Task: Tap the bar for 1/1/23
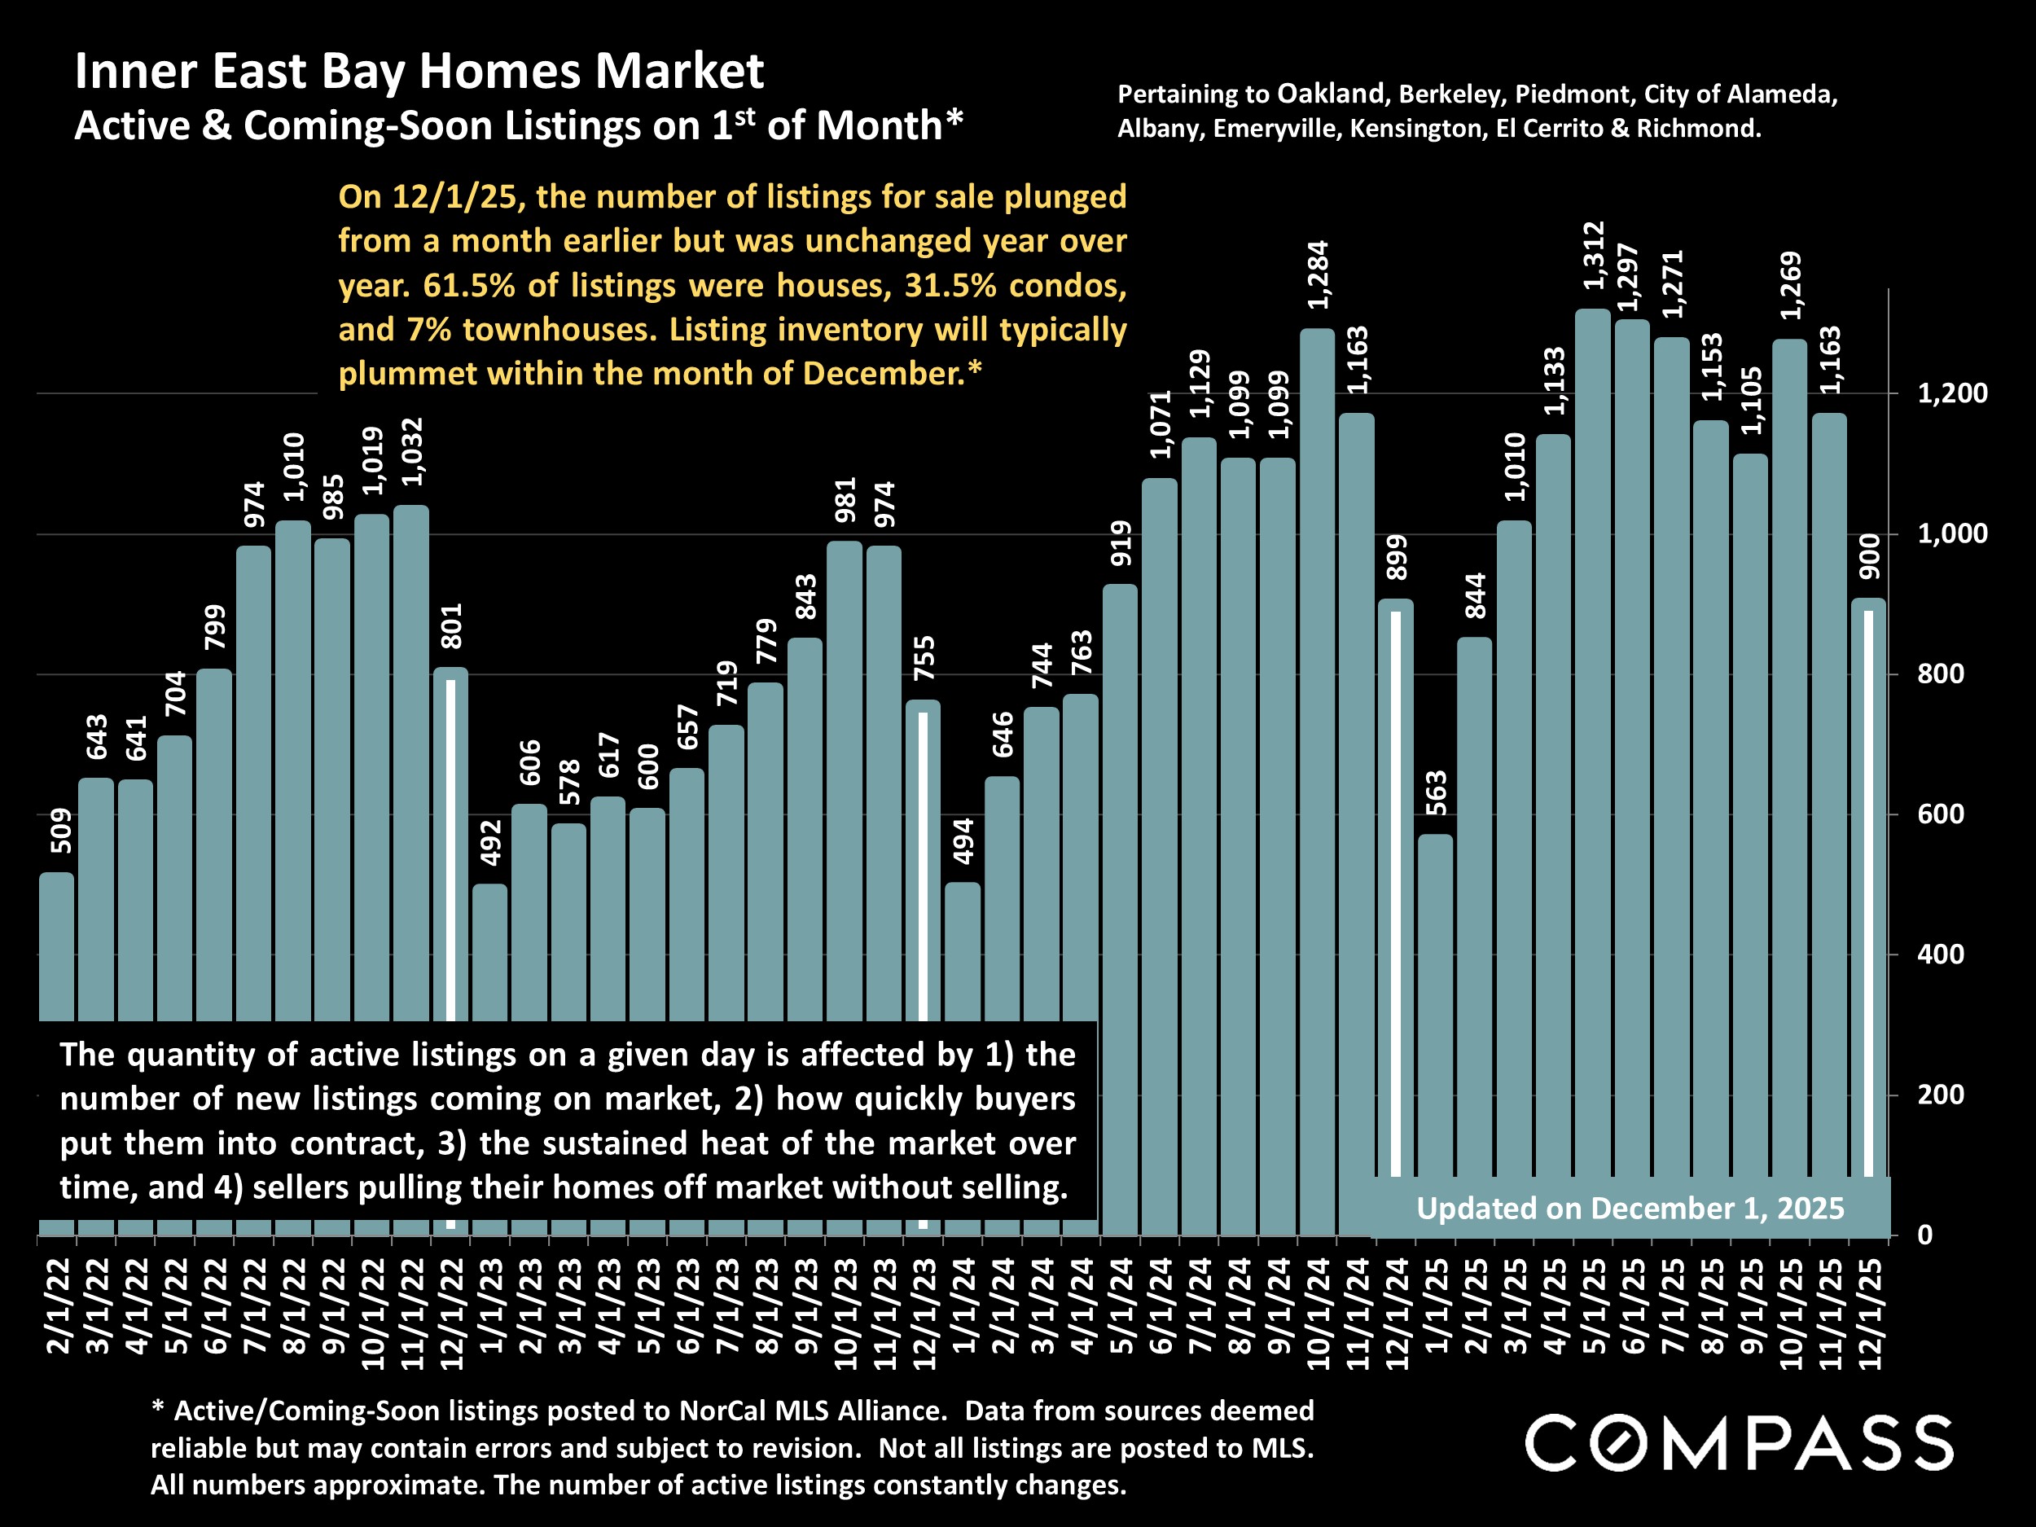[489, 948]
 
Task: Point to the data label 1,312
[1593, 255]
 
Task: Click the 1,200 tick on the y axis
[1952, 394]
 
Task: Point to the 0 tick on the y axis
[1924, 1235]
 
